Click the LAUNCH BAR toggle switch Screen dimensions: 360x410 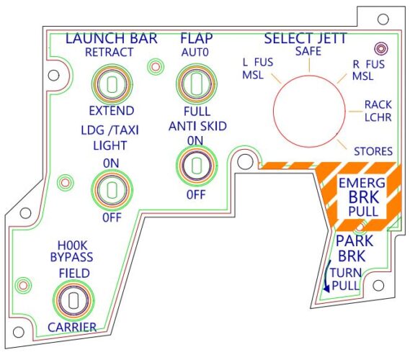point(111,84)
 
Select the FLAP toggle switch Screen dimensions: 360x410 point(193,84)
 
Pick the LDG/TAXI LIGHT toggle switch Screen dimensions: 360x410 point(111,189)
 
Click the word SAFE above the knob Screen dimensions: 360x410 point(308,51)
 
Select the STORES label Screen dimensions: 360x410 point(373,151)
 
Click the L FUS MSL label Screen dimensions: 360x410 point(257,68)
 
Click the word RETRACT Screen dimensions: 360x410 point(109,53)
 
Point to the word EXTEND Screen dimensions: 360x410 point(111,111)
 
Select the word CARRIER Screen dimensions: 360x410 point(72,328)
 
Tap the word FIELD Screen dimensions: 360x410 point(74,273)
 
